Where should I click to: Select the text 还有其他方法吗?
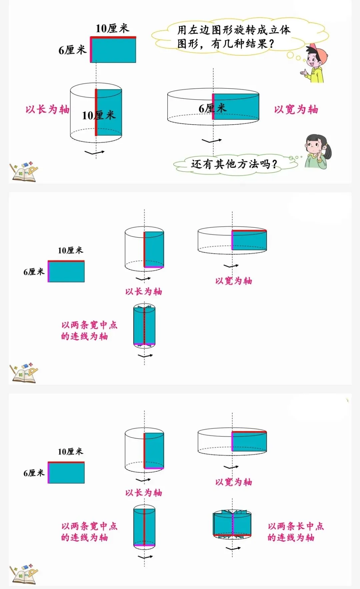click(x=233, y=164)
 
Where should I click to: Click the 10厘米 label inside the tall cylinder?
click(x=99, y=115)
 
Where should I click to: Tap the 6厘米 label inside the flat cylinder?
click(x=212, y=108)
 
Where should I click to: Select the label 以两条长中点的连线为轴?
click(x=295, y=532)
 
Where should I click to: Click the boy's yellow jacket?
click(x=317, y=75)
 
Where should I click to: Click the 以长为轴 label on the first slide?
click(x=47, y=109)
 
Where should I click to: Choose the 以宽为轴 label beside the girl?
click(x=296, y=109)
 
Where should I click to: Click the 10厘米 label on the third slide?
click(x=70, y=451)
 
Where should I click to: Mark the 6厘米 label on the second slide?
click(x=34, y=272)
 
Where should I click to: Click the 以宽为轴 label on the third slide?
click(x=233, y=482)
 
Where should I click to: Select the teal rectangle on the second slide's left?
click(x=66, y=272)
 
